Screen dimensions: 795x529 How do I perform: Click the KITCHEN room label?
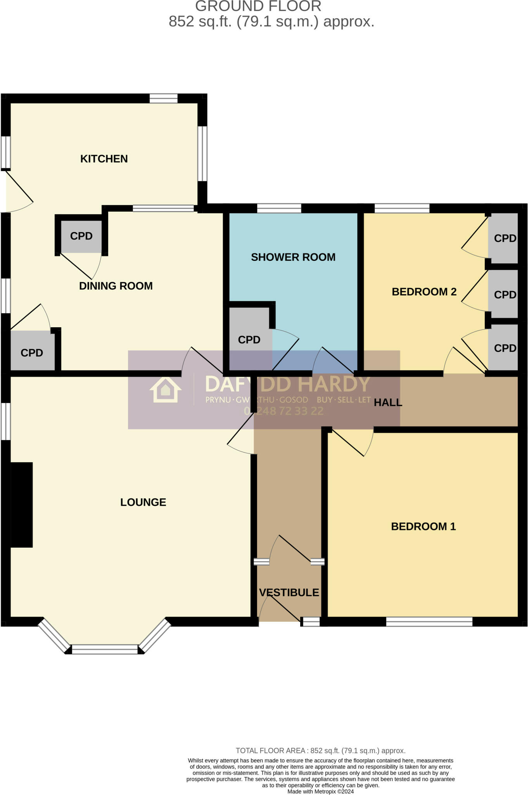pyautogui.click(x=104, y=159)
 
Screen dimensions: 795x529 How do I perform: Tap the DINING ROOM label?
pyautogui.click(x=116, y=286)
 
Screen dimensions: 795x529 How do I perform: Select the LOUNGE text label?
pyautogui.click(x=143, y=502)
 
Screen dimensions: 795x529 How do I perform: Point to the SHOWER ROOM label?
pyautogui.click(x=293, y=257)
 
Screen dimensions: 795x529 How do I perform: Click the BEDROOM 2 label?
pyautogui.click(x=424, y=292)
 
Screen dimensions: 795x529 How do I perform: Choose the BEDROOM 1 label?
pyautogui.click(x=423, y=527)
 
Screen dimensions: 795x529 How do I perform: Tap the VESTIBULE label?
pyautogui.click(x=289, y=593)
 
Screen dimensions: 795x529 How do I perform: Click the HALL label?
pyautogui.click(x=388, y=403)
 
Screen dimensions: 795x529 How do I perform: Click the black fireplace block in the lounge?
pyautogui.click(x=21, y=505)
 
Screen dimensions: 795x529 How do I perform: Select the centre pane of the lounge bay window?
pyautogui.click(x=105, y=649)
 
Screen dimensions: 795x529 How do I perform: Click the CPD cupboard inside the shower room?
pyautogui.click(x=249, y=340)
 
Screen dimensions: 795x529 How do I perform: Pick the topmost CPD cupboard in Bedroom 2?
pyautogui.click(x=505, y=238)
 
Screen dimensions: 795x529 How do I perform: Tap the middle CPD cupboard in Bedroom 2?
pyautogui.click(x=505, y=295)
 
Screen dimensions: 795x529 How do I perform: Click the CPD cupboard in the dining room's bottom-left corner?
pyautogui.click(x=32, y=353)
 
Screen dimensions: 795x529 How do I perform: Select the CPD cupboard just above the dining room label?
pyautogui.click(x=81, y=236)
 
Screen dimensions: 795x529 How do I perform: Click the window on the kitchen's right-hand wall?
pyautogui.click(x=202, y=154)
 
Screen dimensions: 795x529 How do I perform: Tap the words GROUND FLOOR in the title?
pyautogui.click(x=258, y=6)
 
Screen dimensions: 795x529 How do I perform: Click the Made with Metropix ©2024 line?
pyautogui.click(x=320, y=792)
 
